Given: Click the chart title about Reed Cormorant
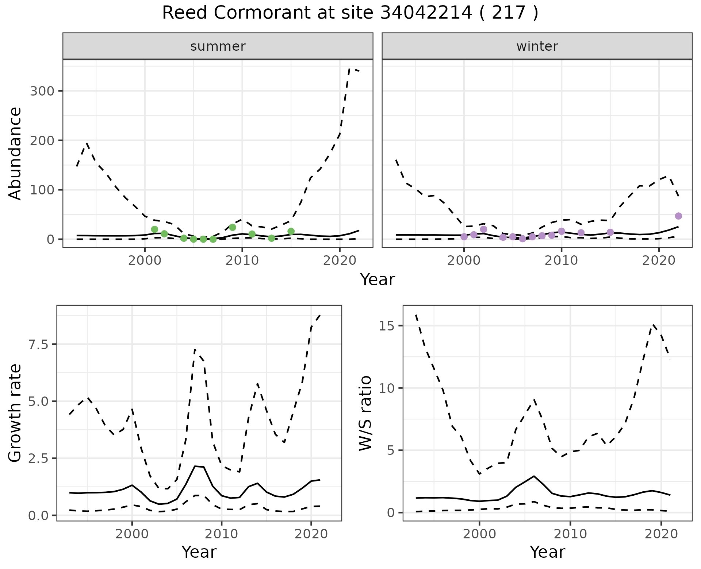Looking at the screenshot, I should point(350,13).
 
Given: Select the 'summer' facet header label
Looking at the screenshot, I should point(218,46).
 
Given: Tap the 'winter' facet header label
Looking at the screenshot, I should point(537,46).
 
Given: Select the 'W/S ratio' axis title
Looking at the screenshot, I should point(365,413).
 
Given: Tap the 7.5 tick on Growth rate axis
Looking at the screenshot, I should point(40,344).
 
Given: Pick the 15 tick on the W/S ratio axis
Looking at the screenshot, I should point(387,326).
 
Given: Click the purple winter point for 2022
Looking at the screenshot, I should point(678,216).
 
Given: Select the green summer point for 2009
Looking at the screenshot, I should point(233,227).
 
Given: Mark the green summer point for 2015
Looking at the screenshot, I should point(291,231).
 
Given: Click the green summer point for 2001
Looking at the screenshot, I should point(154,229).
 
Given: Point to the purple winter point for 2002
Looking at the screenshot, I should point(484,229).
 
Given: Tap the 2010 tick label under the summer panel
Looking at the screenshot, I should point(242,261).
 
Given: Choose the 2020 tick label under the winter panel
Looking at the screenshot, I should point(659,261).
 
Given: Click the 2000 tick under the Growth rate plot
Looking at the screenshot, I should point(132,534).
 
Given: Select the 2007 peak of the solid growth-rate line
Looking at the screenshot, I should point(195,466).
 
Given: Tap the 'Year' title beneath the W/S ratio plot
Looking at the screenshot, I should point(547,552).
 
